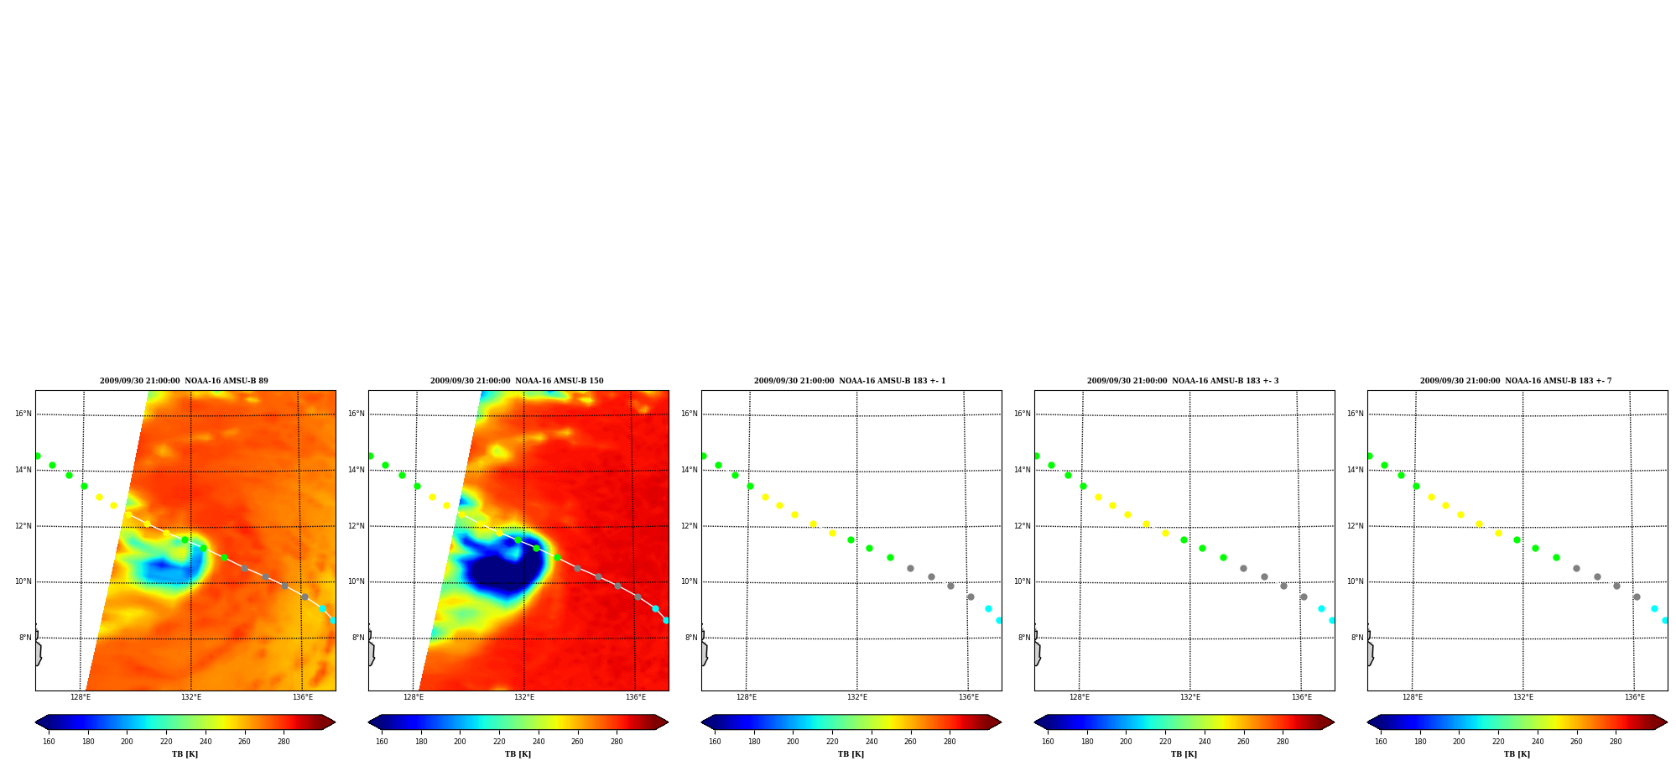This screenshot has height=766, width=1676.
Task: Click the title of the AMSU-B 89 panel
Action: click(184, 381)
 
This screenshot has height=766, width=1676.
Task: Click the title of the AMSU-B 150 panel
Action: click(517, 381)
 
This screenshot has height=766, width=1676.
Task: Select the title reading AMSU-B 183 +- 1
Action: click(850, 381)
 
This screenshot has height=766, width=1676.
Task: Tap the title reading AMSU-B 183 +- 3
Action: click(1183, 381)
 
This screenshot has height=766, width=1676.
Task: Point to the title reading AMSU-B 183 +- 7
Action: click(1516, 381)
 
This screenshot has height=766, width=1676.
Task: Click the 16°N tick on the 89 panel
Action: click(23, 414)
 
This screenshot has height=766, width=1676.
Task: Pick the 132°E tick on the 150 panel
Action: click(524, 697)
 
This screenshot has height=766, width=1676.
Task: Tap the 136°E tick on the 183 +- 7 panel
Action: click(1635, 697)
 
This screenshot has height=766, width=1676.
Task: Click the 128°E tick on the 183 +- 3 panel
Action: click(1080, 697)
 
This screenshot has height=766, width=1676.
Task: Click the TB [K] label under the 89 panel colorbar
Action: click(185, 754)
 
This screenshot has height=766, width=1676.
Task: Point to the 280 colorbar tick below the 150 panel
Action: click(617, 742)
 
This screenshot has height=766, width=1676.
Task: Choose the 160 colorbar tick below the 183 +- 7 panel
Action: click(1381, 742)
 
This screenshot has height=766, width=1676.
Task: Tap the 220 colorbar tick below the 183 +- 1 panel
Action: click(832, 742)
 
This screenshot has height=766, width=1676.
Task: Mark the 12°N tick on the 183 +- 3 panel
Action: click(1023, 526)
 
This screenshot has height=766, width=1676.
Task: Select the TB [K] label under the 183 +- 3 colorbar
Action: click(1184, 754)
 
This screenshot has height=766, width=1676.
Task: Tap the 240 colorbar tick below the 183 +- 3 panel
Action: click(1205, 742)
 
